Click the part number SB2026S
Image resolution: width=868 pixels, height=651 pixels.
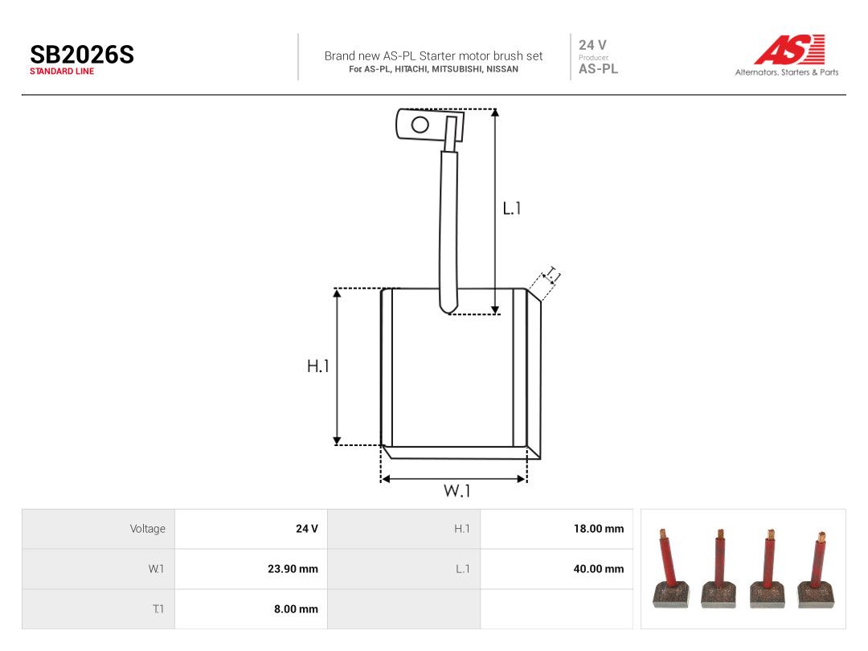[82, 55]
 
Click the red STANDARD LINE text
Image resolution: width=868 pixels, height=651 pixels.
[62, 72]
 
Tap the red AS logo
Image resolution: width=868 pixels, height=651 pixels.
[789, 49]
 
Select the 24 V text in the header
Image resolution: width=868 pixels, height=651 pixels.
[592, 45]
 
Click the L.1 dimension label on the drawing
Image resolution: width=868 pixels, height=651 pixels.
[511, 208]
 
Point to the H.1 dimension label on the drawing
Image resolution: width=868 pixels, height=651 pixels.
[317, 366]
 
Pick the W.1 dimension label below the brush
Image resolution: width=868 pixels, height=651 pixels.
[457, 490]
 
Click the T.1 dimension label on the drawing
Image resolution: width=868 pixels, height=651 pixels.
[552, 275]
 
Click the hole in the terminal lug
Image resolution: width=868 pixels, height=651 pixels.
[420, 125]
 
